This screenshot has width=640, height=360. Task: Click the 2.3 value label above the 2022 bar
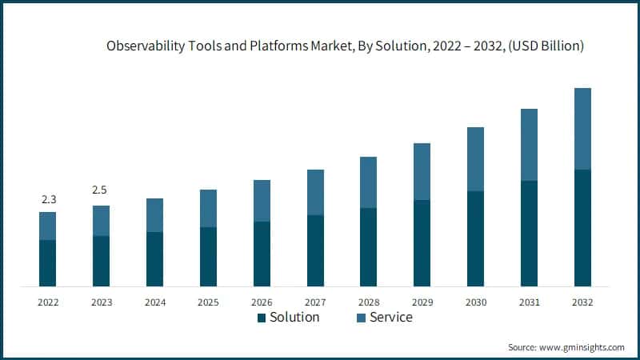click(x=48, y=198)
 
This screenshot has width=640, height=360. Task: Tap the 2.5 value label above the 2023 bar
click(x=101, y=190)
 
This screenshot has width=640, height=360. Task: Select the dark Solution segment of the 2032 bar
click(x=582, y=228)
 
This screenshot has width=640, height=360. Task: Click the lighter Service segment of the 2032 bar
click(x=582, y=129)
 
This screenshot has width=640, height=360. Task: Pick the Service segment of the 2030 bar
click(x=475, y=159)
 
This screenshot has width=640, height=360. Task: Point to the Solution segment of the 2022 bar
click(x=48, y=263)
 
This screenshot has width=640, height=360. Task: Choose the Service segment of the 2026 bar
click(x=262, y=201)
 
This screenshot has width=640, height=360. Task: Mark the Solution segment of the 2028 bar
click(x=368, y=247)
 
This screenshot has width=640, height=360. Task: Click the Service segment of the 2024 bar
click(x=154, y=215)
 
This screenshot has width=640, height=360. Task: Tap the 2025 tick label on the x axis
click(x=208, y=302)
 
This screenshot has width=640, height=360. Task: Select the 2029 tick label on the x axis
click(x=422, y=302)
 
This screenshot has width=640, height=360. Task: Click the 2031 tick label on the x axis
click(x=529, y=302)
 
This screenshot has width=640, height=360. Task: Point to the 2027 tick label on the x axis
click(x=315, y=302)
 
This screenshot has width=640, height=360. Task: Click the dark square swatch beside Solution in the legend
click(x=261, y=318)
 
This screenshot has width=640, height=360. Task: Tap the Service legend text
click(x=390, y=318)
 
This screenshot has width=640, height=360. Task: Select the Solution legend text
click(x=294, y=318)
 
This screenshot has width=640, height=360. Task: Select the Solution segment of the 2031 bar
click(x=529, y=234)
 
